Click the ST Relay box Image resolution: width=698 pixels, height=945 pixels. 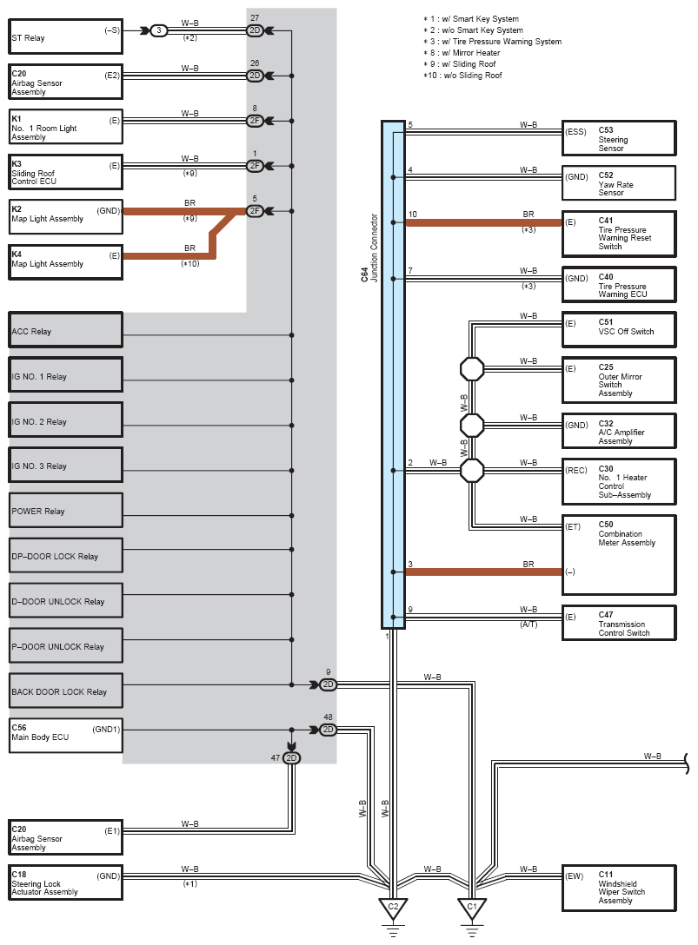click(65, 37)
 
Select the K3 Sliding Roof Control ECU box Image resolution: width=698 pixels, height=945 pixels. click(65, 172)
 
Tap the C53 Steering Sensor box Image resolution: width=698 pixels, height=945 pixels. click(619, 139)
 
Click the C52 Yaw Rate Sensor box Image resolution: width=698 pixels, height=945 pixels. click(619, 183)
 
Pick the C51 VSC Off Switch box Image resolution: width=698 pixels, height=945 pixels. click(619, 330)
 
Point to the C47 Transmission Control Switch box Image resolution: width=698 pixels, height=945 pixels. click(619, 623)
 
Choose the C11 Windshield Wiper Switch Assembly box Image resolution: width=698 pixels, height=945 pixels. click(619, 889)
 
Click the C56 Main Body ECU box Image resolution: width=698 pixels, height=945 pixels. click(66, 736)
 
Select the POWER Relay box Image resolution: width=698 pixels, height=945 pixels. click(66, 510)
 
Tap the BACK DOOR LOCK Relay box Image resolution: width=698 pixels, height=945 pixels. click(66, 690)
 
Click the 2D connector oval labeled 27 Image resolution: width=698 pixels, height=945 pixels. click(256, 30)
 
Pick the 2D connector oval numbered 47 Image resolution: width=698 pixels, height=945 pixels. click(291, 758)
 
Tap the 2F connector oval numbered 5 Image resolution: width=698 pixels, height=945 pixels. click(256, 211)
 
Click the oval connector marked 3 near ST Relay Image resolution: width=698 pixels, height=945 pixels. click(159, 30)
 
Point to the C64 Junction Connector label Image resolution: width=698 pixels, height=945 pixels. click(369, 248)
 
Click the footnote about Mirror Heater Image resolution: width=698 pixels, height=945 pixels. click(462, 52)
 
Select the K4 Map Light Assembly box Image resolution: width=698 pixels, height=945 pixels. click(65, 262)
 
